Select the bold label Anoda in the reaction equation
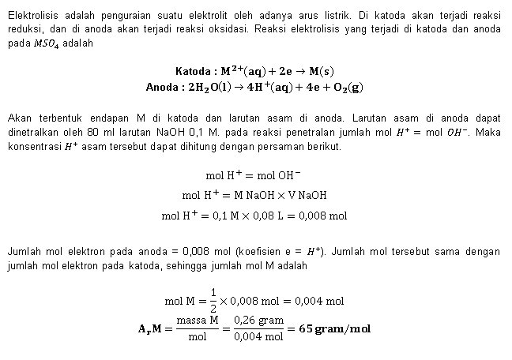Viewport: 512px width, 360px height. pos(163,87)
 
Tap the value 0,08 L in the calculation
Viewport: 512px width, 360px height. pos(275,215)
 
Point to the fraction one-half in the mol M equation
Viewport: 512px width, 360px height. pos(213,300)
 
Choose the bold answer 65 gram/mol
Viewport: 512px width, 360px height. pos(336,328)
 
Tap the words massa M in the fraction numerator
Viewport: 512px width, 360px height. pos(197,321)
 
